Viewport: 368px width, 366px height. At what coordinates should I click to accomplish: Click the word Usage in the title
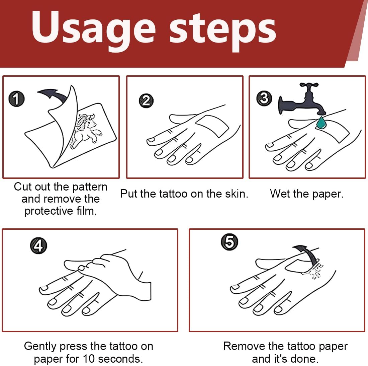[93, 30]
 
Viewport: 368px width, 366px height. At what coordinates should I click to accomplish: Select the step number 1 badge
[16, 99]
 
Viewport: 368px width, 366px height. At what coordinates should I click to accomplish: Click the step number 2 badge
[146, 101]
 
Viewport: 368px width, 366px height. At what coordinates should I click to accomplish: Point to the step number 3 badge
[264, 99]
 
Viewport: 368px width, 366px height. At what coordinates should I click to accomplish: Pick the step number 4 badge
[38, 246]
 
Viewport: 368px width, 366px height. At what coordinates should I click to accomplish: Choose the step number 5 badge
[229, 242]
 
